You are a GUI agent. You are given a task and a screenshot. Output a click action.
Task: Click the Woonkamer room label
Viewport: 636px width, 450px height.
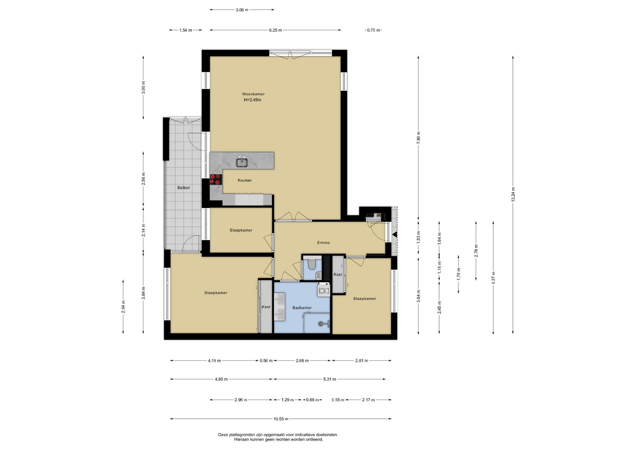253,94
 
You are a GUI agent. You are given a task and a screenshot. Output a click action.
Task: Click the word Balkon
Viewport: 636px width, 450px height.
184,188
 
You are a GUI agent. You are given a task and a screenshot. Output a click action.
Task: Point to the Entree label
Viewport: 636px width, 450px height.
323,243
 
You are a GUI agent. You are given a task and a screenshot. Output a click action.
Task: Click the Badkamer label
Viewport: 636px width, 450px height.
302,308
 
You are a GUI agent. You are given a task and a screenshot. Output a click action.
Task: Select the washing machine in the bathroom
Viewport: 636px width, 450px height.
324,290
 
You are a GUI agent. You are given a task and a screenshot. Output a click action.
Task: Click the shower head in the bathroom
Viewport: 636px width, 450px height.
321,323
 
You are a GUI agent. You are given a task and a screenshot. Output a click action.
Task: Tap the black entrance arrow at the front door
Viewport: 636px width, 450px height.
395,235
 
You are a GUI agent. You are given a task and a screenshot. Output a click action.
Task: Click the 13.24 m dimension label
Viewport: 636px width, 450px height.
513,195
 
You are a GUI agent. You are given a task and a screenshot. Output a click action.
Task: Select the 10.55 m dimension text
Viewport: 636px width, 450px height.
281,419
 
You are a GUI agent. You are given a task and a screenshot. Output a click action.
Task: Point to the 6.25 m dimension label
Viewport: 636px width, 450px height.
275,30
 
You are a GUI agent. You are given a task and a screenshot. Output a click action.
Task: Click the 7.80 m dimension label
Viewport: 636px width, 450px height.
418,137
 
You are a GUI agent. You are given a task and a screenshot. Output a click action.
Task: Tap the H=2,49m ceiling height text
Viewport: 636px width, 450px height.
252,100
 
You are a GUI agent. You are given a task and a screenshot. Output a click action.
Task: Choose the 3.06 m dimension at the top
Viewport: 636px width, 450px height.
242,10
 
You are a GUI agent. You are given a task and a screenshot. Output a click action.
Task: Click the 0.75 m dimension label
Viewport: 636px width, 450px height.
374,30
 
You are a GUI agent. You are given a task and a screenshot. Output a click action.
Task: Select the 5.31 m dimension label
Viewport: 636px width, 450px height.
330,379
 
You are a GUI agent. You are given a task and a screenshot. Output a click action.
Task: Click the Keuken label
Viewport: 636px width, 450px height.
244,180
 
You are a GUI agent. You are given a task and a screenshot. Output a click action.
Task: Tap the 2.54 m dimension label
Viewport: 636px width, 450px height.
123,307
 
